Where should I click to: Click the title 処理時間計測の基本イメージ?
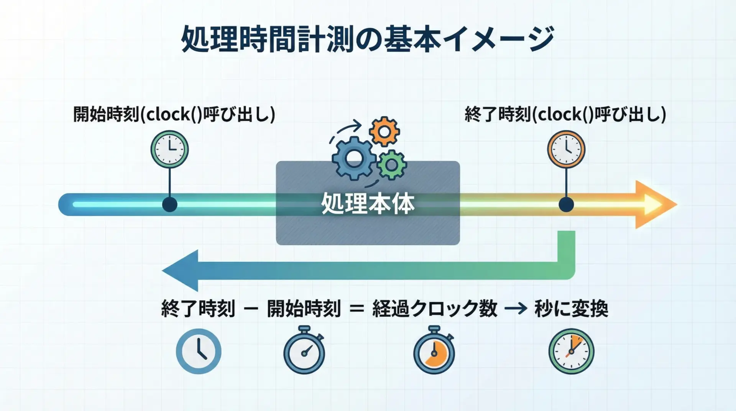(x=367, y=39)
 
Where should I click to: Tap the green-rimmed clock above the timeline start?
(x=169, y=149)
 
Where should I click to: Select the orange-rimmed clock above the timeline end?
(x=566, y=149)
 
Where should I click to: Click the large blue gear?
(x=353, y=158)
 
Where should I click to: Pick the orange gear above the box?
(x=384, y=132)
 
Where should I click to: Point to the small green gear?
(x=391, y=165)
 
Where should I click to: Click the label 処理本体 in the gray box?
(x=368, y=204)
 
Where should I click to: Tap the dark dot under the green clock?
(x=169, y=204)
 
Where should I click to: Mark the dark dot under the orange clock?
(x=566, y=204)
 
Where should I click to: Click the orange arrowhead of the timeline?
(x=654, y=204)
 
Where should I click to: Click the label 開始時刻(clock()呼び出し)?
(x=174, y=114)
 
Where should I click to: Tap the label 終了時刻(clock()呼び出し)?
(x=565, y=114)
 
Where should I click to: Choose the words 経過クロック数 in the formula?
(x=435, y=309)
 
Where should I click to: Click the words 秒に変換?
(x=571, y=309)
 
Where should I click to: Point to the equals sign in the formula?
(x=356, y=309)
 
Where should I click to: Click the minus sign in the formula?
(x=251, y=309)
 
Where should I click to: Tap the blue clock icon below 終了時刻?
(x=199, y=351)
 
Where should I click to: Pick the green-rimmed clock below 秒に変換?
(x=571, y=351)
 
